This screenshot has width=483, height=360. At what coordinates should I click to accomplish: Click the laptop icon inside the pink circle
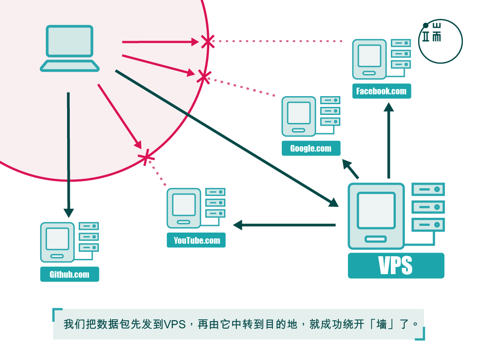69,48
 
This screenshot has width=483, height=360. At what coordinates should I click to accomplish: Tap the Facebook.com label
381,91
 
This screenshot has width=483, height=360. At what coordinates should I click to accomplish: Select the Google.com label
311,148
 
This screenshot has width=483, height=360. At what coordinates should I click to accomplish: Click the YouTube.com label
196,241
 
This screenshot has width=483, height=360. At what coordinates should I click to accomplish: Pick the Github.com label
69,274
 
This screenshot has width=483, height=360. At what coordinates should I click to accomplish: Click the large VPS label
396,266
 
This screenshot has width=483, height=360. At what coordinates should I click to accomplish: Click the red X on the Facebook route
207,42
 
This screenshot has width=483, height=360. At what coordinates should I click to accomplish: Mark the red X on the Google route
203,76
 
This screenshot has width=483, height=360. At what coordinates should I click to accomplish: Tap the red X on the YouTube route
146,157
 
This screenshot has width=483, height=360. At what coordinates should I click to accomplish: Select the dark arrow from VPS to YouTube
284,225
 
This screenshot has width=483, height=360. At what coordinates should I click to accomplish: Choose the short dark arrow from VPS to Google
351,169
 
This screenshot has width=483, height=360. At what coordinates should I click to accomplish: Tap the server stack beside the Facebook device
401,54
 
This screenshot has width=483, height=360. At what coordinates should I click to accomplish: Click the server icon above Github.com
57,242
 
